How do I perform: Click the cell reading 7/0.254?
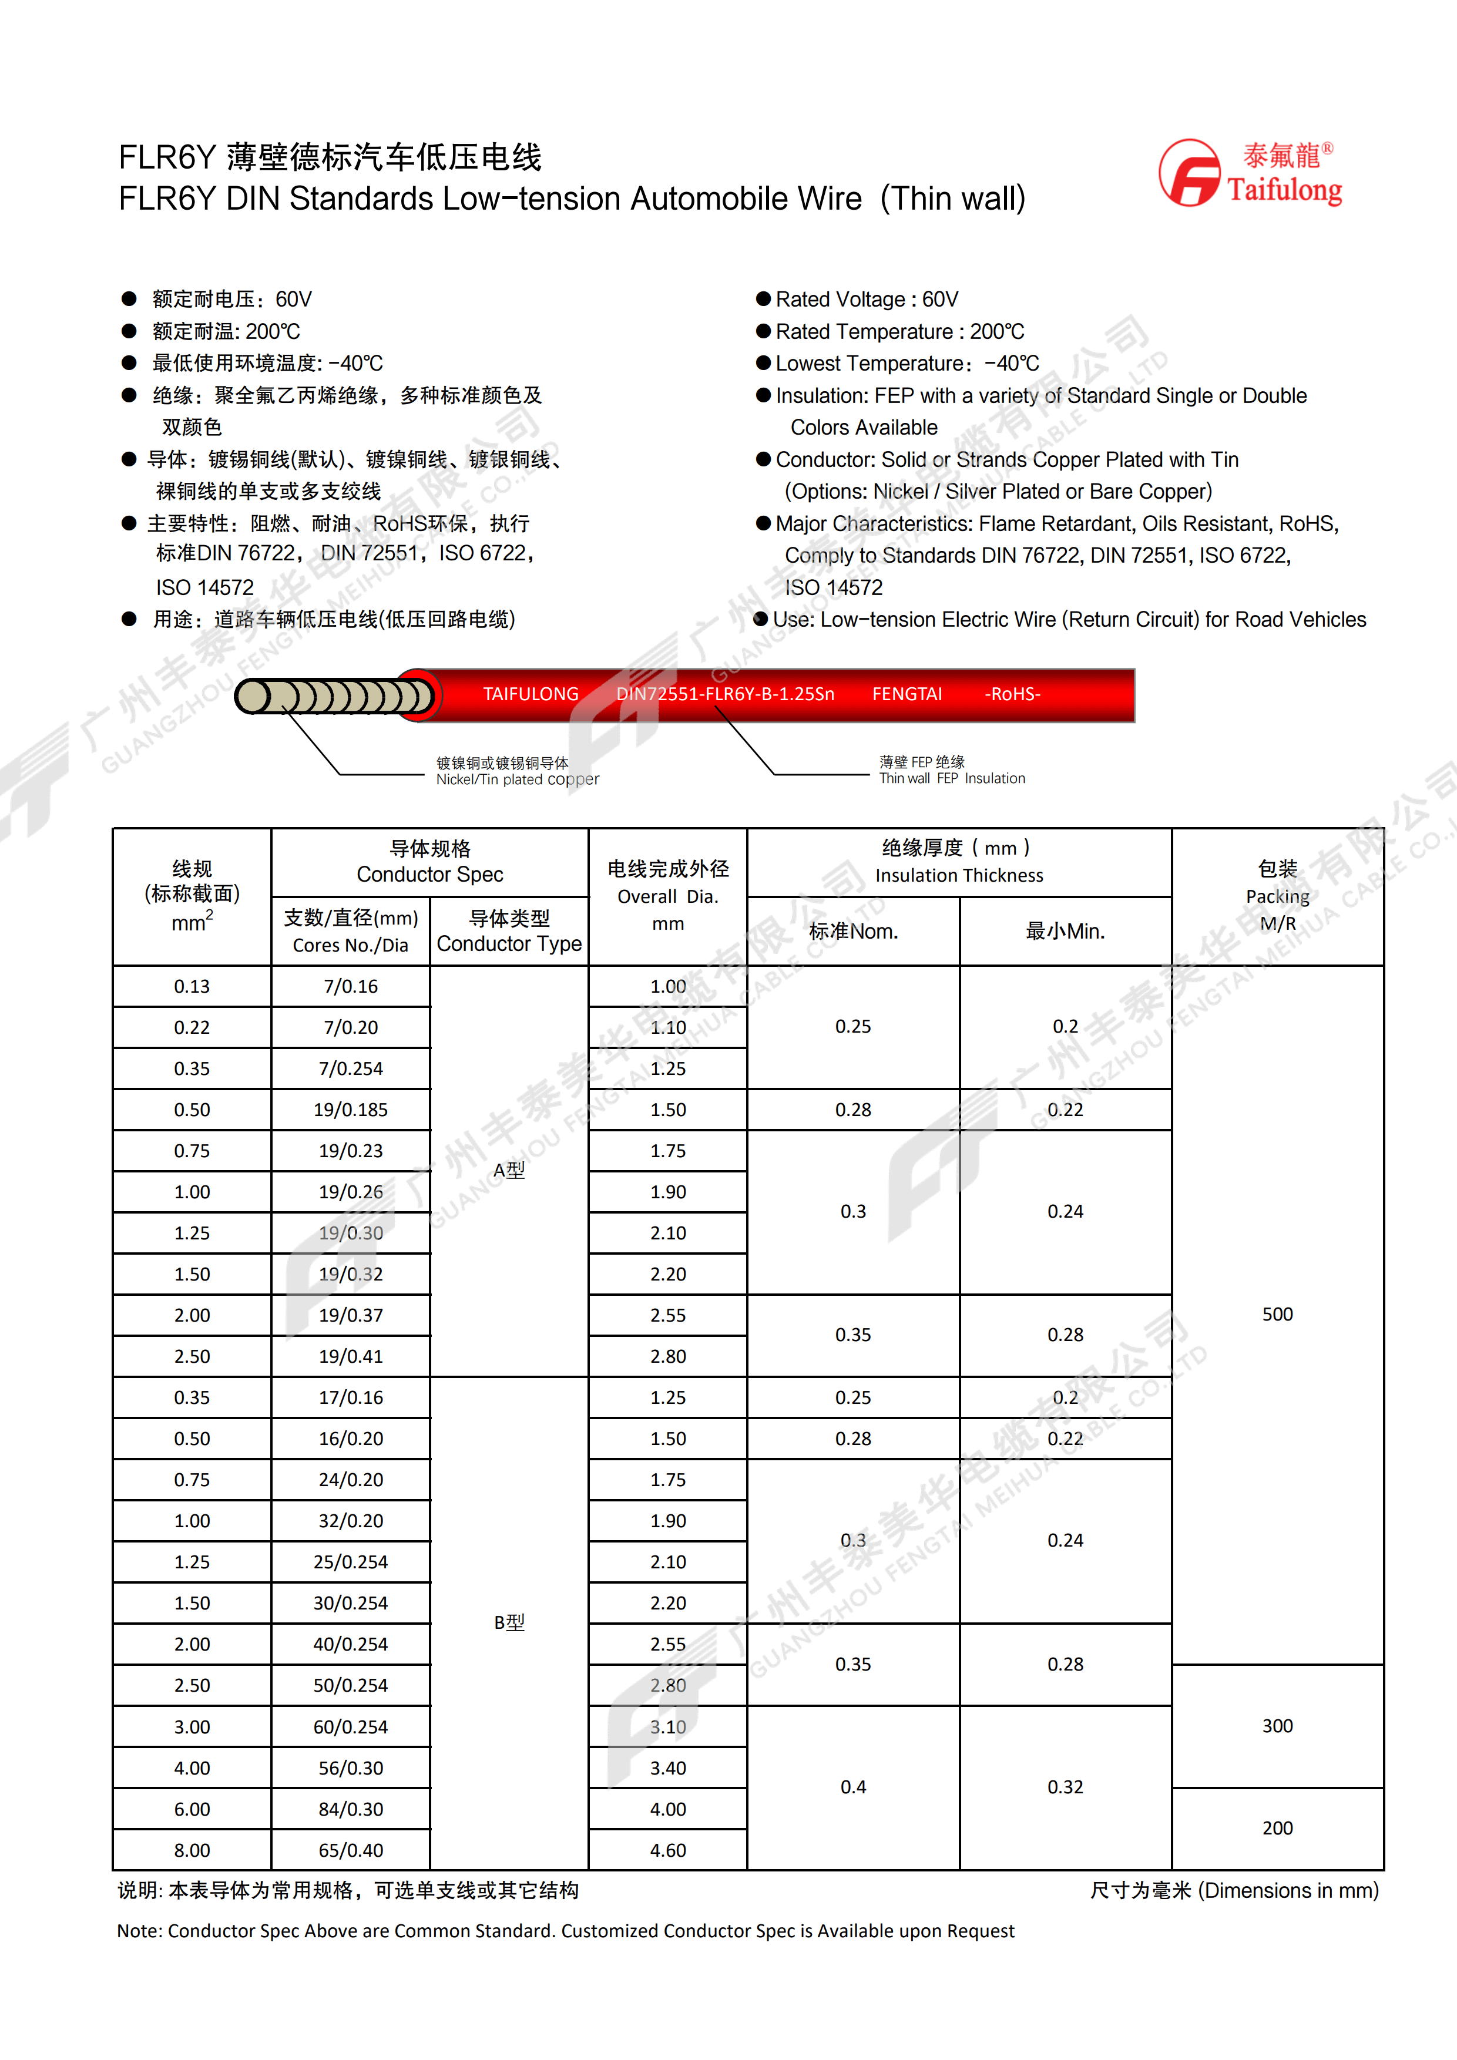pyautogui.click(x=351, y=1068)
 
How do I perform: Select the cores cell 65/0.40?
pyautogui.click(x=351, y=1850)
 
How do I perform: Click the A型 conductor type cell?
pyautogui.click(x=509, y=1170)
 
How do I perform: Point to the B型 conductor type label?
pyautogui.click(x=509, y=1622)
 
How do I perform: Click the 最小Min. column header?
pyautogui.click(x=1065, y=931)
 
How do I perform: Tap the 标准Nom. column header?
pyautogui.click(x=853, y=931)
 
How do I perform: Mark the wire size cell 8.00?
pyautogui.click(x=192, y=1850)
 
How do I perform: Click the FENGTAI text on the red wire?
pyautogui.click(x=907, y=694)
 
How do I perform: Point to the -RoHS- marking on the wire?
pyautogui.click(x=1012, y=694)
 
